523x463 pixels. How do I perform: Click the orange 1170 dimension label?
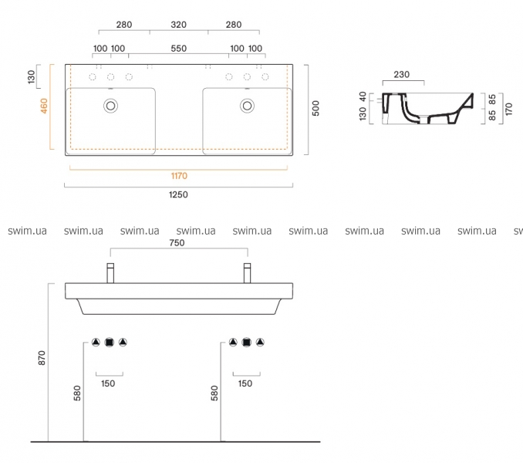tap(179, 176)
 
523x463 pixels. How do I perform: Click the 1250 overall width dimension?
tap(178, 194)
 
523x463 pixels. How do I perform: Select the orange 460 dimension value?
tap(44, 106)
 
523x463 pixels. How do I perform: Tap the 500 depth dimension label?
tap(315, 108)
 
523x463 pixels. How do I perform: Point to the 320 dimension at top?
tap(178, 25)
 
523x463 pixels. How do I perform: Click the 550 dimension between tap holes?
tap(178, 49)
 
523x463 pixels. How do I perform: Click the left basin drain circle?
tap(110, 106)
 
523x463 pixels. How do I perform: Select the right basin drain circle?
tap(247, 106)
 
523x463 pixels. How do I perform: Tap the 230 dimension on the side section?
tap(402, 74)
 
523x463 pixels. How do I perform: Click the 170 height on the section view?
tap(508, 109)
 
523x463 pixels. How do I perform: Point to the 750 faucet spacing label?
tap(177, 243)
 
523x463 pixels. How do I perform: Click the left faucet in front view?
tap(110, 273)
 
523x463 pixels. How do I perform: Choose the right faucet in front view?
tap(247, 273)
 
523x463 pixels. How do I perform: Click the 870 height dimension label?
tap(42, 357)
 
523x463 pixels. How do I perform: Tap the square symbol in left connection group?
tap(110, 343)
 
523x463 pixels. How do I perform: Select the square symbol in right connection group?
tap(247, 343)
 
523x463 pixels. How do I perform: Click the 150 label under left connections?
tap(108, 384)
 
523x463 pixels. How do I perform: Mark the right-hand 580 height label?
tap(214, 393)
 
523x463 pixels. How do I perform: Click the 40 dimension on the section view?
tap(363, 96)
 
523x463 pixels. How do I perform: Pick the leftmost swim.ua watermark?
tap(27, 231)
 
